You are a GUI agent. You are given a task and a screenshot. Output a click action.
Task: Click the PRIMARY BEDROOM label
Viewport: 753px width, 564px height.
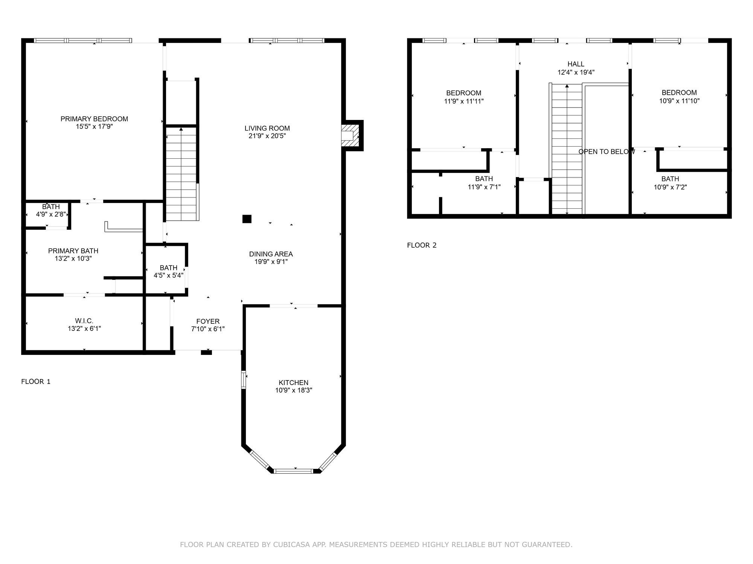coord(94,119)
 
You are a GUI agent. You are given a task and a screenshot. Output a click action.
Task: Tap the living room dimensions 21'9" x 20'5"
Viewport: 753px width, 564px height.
coord(267,136)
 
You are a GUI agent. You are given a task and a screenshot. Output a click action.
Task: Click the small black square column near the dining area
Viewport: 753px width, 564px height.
coord(247,219)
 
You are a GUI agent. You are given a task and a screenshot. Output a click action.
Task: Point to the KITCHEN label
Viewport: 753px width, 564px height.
coord(293,382)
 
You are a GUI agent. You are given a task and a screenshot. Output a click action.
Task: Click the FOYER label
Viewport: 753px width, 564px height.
coord(208,321)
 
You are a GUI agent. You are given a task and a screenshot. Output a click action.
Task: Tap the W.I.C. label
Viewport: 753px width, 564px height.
coord(84,321)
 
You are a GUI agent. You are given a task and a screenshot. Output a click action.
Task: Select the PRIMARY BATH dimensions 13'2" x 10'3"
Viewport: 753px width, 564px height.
coord(73,259)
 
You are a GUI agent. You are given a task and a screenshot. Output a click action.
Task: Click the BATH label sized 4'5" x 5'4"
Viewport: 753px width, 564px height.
coord(168,268)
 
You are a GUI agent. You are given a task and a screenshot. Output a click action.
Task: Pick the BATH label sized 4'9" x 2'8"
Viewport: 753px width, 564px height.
coord(51,207)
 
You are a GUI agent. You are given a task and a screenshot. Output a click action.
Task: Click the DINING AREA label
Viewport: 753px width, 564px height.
coord(271,254)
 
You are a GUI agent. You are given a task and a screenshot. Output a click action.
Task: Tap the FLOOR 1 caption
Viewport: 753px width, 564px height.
coord(36,381)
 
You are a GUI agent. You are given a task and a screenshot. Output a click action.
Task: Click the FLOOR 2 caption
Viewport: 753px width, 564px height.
coord(422,245)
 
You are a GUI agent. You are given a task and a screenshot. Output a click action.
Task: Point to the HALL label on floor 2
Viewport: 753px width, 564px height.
coord(576,64)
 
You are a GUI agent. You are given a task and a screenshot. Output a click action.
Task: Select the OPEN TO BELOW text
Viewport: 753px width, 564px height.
coord(606,152)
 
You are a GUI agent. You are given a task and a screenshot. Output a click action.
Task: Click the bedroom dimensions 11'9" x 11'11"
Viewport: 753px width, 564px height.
coord(463,101)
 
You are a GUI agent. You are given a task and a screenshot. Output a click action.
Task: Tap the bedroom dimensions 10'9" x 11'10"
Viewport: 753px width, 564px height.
coord(679,101)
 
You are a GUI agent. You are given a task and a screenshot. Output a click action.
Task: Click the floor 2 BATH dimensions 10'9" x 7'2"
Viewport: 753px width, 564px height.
coord(670,187)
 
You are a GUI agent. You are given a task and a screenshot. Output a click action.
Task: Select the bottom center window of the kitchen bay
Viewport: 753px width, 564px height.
coord(293,470)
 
